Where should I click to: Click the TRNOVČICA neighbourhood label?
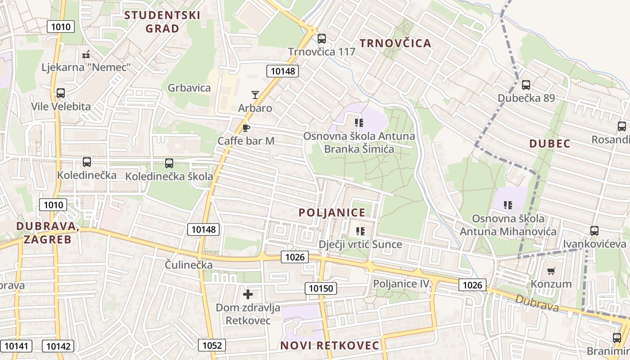[x=395, y=43]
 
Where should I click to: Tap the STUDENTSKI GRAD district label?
[x=162, y=22]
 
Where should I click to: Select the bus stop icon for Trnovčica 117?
[x=321, y=39]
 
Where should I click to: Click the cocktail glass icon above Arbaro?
[x=255, y=94]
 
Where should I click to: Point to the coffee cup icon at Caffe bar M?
[x=246, y=128]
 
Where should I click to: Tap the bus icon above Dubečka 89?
[x=526, y=85]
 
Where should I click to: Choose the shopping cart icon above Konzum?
[x=551, y=271]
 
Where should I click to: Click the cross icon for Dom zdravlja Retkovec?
[x=247, y=294]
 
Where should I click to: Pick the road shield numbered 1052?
[x=212, y=345]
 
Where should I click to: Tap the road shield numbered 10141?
[x=17, y=346]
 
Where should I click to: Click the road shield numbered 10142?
[x=58, y=346]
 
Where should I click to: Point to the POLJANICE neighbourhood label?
[x=332, y=213]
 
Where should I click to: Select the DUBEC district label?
[x=549, y=144]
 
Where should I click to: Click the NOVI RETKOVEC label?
[x=330, y=346]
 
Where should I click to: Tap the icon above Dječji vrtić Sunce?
[x=360, y=231]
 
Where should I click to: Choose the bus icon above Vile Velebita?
[x=60, y=93]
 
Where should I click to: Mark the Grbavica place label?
[x=189, y=88]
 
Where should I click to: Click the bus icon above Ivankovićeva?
[x=594, y=231]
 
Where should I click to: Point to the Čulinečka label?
[x=189, y=265]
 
